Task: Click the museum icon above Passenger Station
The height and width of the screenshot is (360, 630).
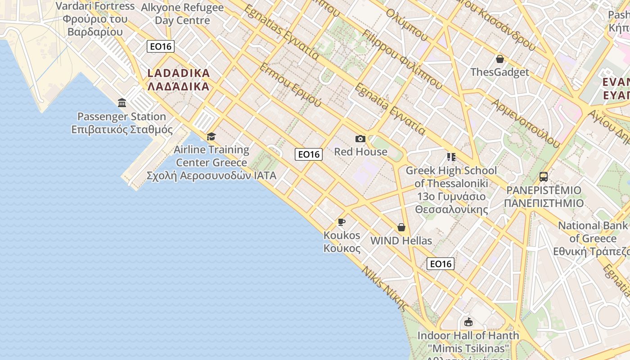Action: click(x=122, y=103)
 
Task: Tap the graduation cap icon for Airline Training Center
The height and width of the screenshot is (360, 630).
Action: click(x=211, y=136)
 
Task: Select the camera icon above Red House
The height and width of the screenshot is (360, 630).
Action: click(x=360, y=139)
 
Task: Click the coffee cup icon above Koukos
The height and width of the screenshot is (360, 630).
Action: click(x=342, y=222)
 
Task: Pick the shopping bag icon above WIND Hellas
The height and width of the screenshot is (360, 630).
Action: click(x=401, y=227)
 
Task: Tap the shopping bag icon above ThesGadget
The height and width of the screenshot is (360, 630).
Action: click(x=499, y=59)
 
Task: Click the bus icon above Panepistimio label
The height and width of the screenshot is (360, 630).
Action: click(x=544, y=176)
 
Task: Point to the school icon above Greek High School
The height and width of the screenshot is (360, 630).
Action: click(x=451, y=157)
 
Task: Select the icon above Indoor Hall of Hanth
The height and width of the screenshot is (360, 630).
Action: click(x=468, y=322)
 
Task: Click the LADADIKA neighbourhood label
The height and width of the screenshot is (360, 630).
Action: click(x=179, y=80)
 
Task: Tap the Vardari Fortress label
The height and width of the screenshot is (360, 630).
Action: click(x=95, y=19)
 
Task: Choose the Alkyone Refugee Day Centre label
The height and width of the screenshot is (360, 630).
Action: click(x=182, y=14)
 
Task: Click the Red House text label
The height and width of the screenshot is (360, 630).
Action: click(x=360, y=152)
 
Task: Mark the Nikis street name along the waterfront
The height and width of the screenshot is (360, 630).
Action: click(x=385, y=289)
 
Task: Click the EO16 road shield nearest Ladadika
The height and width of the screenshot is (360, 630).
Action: click(x=161, y=46)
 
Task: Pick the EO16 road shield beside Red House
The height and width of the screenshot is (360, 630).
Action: click(x=309, y=154)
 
